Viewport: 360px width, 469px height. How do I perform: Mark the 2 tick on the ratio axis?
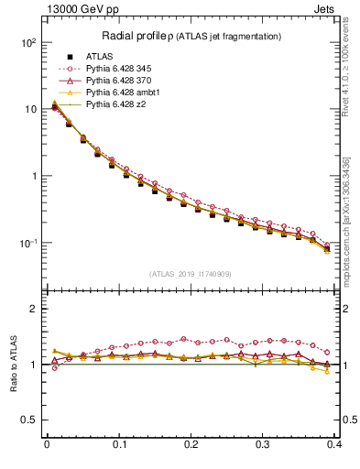(32, 309)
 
